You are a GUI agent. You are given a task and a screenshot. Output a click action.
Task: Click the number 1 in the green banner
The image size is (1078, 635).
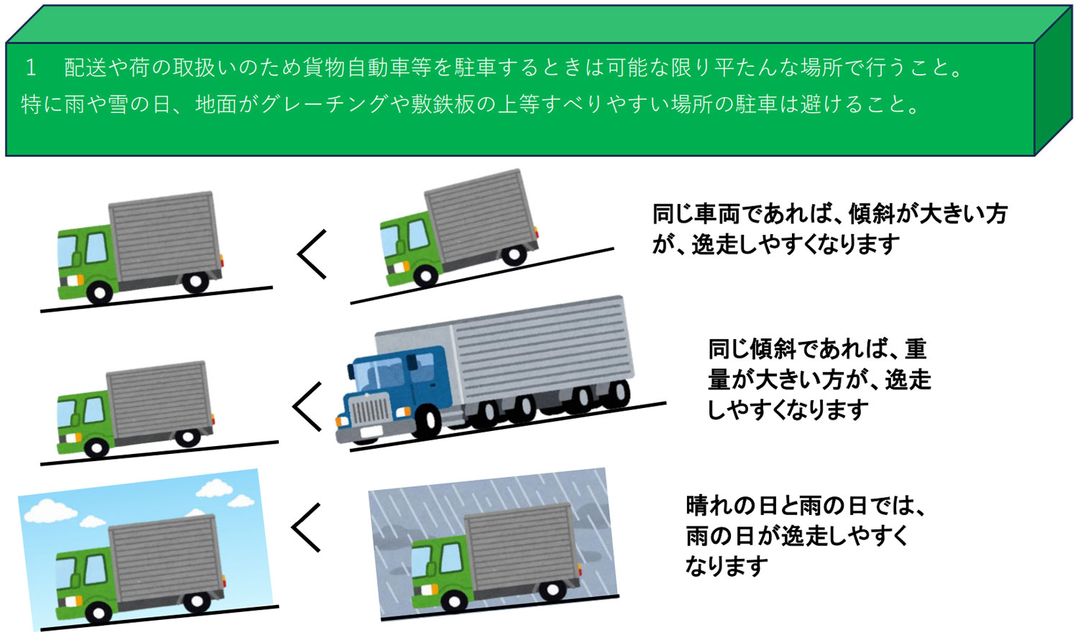click(x=31, y=68)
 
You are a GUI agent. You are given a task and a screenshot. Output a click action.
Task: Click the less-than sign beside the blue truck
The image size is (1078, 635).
click(x=307, y=407)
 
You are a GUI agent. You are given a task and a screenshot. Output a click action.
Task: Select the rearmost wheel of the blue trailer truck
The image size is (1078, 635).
click(x=616, y=393)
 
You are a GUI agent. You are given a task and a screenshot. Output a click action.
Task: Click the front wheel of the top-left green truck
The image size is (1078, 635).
click(x=98, y=291)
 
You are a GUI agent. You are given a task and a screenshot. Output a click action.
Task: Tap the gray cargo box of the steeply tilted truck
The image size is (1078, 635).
click(x=480, y=211)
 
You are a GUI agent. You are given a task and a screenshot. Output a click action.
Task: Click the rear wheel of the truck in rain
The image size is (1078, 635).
click(x=551, y=590)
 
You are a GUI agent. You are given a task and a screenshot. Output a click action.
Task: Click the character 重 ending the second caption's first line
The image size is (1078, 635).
click(x=915, y=349)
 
